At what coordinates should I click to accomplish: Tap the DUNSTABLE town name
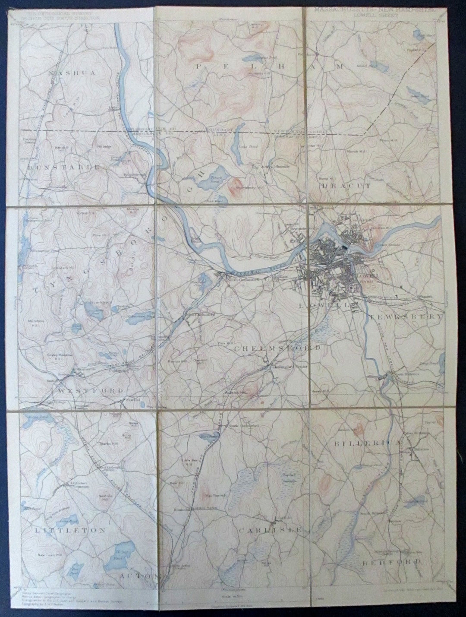point(64,167)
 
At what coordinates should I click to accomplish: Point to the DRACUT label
point(346,186)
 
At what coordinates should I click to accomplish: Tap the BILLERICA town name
point(372,443)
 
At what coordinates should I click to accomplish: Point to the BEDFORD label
point(391,562)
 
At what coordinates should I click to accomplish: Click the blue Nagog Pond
point(124,550)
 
